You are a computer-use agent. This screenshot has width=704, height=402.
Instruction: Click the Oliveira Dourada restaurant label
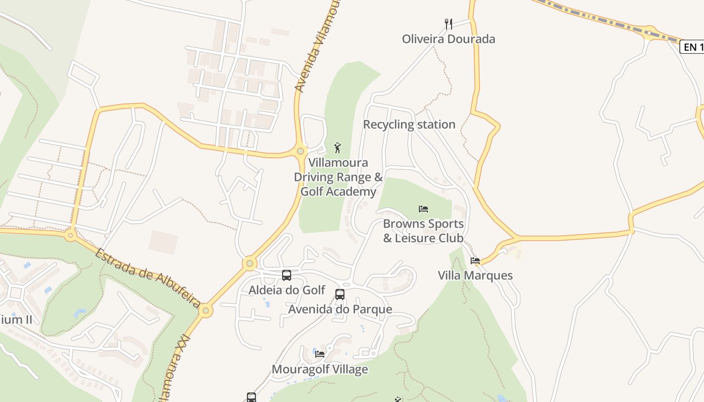(448, 39)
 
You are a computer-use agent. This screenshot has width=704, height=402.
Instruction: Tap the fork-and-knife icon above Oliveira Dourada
(449, 24)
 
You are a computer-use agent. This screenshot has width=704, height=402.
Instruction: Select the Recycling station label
(409, 125)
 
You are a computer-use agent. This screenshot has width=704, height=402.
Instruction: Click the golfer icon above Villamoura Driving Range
(337, 148)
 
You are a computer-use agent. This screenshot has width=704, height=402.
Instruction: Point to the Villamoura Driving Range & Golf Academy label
(338, 177)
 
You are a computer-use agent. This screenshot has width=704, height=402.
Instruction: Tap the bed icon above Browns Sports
(423, 209)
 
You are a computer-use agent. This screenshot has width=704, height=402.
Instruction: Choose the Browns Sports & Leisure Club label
(423, 231)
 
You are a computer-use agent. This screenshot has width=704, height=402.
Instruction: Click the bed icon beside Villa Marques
(475, 260)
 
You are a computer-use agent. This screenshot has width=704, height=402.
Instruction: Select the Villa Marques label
(475, 275)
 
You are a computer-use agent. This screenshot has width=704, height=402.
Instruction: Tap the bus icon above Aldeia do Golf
(287, 275)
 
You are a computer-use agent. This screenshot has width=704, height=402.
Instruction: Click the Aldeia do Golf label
(287, 290)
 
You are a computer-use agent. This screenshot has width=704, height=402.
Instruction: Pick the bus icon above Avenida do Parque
(340, 294)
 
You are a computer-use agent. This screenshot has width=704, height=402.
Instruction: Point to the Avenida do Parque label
(340, 309)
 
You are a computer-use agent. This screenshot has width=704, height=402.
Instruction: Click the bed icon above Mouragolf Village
(320, 354)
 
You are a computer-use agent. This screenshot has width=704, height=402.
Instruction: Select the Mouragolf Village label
(320, 369)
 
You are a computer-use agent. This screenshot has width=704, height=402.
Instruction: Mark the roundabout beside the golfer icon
(300, 151)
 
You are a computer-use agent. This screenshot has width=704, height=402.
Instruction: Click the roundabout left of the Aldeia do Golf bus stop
(249, 263)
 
